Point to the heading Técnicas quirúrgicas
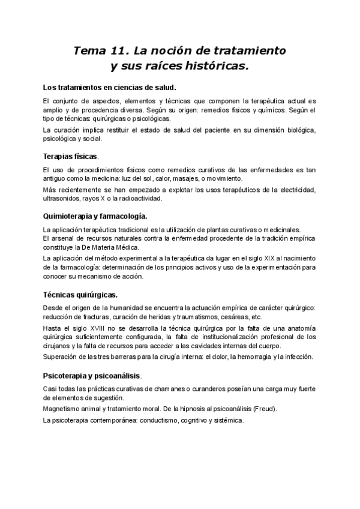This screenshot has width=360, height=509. coord(80,295)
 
